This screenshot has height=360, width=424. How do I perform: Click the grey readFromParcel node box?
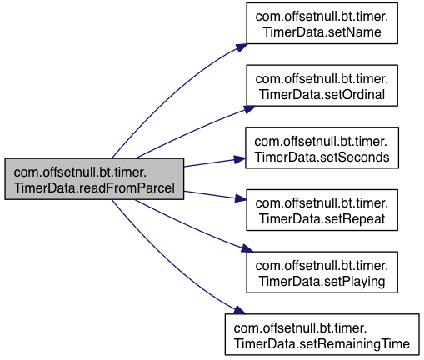click(x=94, y=179)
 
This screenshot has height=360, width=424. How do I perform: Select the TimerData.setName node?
click(x=322, y=23)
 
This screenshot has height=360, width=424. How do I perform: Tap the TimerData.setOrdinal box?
click(x=322, y=86)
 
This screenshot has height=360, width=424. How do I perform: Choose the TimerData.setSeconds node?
click(x=322, y=147)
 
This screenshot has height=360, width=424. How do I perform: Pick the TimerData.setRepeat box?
click(x=322, y=210)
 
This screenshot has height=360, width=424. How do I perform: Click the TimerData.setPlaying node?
click(x=322, y=272)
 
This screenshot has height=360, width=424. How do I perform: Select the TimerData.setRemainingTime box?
click(x=322, y=334)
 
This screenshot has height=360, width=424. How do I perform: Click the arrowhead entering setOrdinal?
click(x=250, y=109)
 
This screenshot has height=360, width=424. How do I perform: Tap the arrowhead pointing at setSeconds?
click(x=240, y=160)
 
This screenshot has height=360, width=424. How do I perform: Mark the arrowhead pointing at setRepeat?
click(x=241, y=198)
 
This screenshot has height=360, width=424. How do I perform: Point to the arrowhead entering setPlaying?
click(x=247, y=248)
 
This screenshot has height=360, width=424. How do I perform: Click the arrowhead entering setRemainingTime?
click(x=240, y=310)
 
